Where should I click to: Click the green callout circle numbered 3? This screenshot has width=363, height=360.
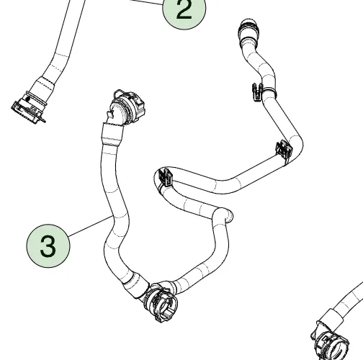(48, 246)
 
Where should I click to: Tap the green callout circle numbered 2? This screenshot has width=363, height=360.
(184, 9)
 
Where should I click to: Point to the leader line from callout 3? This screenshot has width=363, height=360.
(91, 225)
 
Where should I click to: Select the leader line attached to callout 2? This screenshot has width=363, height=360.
(146, 2)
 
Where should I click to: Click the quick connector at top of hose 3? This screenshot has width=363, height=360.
(127, 107)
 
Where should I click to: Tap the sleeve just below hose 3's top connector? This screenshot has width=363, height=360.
(112, 135)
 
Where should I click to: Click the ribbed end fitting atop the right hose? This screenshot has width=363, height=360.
(249, 30)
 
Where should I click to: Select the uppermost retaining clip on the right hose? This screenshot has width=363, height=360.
(257, 92)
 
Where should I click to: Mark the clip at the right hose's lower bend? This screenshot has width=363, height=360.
(284, 150)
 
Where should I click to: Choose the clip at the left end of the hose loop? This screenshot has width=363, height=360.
(165, 177)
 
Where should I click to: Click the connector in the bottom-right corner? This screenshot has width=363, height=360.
(331, 343)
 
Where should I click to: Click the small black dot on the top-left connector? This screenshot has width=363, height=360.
(28, 99)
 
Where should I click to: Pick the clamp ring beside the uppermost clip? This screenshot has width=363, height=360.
(269, 92)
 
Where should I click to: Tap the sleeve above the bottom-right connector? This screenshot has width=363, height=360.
(331, 316)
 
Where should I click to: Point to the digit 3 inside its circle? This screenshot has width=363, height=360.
(48, 246)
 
